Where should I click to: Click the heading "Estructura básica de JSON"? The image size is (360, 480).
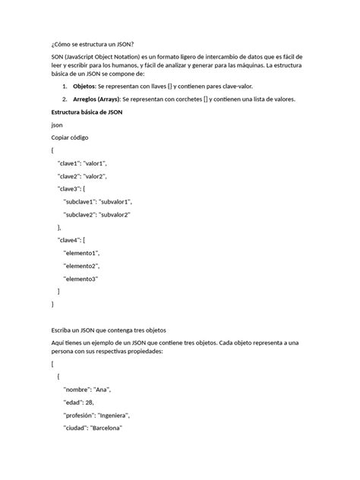pyautogui.click(x=89, y=112)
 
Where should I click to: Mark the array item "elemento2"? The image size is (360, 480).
pyautogui.click(x=81, y=266)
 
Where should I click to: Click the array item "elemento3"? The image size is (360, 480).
pyautogui.click(x=81, y=279)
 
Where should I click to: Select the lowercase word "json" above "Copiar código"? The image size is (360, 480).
pyautogui.click(x=56, y=125)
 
